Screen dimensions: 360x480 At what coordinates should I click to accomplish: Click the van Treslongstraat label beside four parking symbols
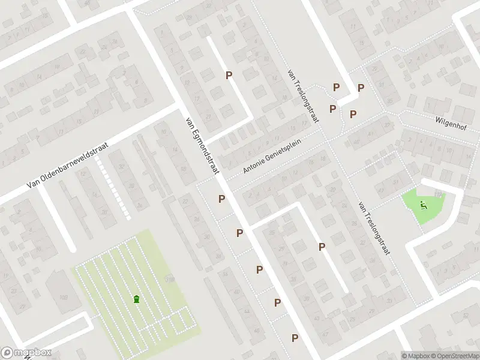coord(302,96)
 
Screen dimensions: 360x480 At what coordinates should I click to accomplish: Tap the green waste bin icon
coord(137,299)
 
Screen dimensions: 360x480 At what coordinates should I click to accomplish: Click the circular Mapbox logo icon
coord(8,353)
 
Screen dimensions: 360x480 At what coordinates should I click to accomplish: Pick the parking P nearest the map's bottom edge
coord(295,338)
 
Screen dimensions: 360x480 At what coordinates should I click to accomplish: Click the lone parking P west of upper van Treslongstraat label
coord(229,75)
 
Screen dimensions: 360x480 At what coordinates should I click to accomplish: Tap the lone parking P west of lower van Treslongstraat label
coord(322,247)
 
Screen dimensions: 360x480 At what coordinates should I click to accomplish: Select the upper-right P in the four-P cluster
coord(361,88)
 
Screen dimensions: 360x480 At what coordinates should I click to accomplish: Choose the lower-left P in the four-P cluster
coord(332,109)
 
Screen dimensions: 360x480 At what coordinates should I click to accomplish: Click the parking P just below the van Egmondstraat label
coord(221,199)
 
